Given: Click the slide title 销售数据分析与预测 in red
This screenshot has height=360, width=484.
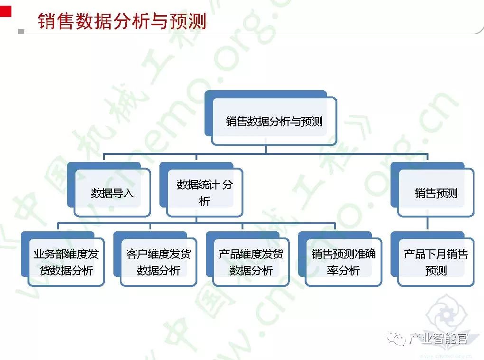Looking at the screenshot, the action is point(122,21).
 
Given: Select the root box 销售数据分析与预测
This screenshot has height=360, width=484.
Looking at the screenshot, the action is point(274,121).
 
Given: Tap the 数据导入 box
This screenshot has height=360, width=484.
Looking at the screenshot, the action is point(112,193).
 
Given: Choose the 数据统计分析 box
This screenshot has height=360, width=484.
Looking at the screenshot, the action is point(205,192).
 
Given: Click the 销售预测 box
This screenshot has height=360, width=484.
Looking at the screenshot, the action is point(436,193).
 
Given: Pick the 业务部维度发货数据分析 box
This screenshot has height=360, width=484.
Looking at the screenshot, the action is point(66,262).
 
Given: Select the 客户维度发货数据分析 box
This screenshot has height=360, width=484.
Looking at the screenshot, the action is point(158,262).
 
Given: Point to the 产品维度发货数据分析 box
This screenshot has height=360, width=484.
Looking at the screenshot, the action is point(251,262).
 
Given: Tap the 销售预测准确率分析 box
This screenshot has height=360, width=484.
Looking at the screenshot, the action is point(344,262).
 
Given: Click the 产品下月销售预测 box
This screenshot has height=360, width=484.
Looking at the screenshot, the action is point(436,262).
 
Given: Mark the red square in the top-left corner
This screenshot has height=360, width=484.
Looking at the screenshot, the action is point(5,10).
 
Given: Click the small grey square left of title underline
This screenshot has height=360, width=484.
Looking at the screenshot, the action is point(21,32).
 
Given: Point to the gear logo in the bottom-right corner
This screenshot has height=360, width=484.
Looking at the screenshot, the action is point(446,318).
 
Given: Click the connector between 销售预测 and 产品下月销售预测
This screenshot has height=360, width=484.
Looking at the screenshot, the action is point(428,224).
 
